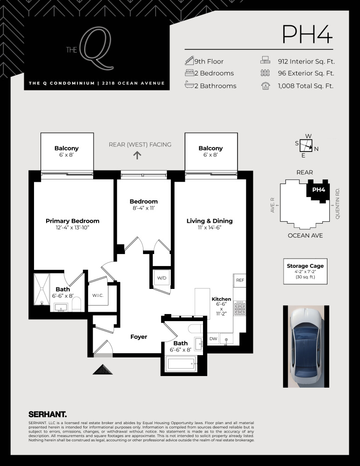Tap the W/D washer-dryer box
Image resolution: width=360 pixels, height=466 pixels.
pyautogui.click(x=162, y=278)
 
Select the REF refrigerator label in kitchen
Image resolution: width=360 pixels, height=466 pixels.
pyautogui.click(x=240, y=281)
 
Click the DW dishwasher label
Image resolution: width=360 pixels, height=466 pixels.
pyautogui.click(x=213, y=339)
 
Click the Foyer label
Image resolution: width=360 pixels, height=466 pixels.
pyautogui.click(x=138, y=336)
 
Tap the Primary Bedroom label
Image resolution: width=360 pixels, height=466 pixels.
pyautogui.click(x=72, y=221)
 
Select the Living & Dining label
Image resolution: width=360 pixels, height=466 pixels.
pyautogui.click(x=210, y=221)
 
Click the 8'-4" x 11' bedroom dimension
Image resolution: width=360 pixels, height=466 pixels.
pyautogui.click(x=143, y=208)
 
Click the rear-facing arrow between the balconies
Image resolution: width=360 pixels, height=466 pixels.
pyautogui.click(x=137, y=155)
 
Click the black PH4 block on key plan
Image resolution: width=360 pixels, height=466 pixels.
pyautogui.click(x=318, y=190)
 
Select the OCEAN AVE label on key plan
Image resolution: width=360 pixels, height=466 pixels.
pyautogui.click(x=306, y=235)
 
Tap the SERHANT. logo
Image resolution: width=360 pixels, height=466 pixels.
pyautogui.click(x=48, y=413)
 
